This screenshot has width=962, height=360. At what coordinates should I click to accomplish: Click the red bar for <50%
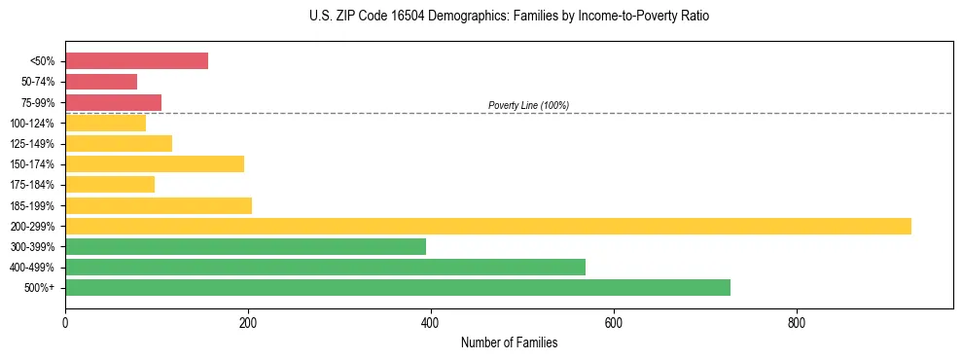coord(136,61)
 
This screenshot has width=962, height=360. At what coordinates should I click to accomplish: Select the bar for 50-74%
coord(101,82)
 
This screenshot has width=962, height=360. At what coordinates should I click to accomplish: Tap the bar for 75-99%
coord(113,102)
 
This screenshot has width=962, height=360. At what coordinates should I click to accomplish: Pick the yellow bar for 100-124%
coord(105,123)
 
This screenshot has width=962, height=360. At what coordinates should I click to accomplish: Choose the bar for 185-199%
coord(159,205)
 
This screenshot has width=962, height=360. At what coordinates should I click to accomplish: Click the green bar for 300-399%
coord(245,246)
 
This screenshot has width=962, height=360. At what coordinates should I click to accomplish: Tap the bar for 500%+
coord(398,287)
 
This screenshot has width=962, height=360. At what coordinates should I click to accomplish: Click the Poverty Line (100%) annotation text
coord(528,105)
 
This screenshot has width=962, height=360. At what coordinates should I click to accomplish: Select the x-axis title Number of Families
coord(509,342)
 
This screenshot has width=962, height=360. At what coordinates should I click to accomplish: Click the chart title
coord(510,17)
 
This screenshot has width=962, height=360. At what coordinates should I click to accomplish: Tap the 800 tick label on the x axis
coord(797,322)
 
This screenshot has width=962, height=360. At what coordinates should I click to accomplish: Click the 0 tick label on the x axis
coord(65,322)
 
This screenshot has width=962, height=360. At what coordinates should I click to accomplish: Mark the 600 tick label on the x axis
coord(614,322)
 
